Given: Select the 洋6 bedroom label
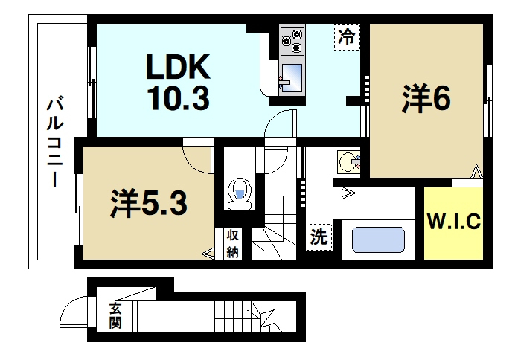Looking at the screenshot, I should pyautogui.click(x=426, y=100).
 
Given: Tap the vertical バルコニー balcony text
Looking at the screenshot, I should pyautogui.click(x=54, y=142).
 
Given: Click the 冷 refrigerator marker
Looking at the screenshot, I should pyautogui.click(x=347, y=36).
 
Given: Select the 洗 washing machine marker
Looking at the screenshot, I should pyautogui.click(x=319, y=238).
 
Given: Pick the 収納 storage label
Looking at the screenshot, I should pyautogui.click(x=232, y=242).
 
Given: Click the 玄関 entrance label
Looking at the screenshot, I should pyautogui.click(x=115, y=316).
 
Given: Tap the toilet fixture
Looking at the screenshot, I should pyautogui.click(x=240, y=192).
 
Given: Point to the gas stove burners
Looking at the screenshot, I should pyautogui.click(x=292, y=41).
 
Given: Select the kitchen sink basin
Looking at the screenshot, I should pyautogui.click(x=291, y=75).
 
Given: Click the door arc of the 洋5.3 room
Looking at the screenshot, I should pyautogui.click(x=196, y=158).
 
